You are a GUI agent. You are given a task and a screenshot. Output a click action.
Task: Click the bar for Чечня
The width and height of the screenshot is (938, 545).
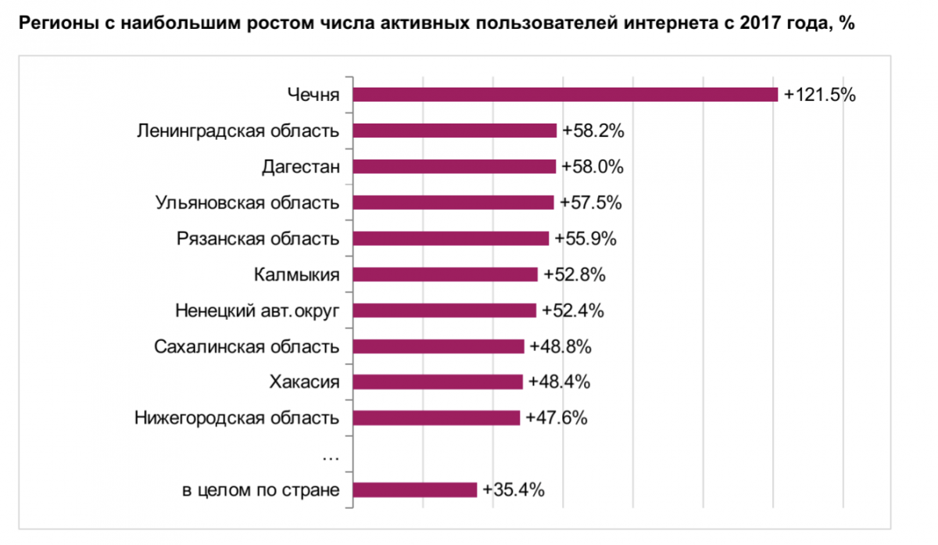click(x=565, y=95)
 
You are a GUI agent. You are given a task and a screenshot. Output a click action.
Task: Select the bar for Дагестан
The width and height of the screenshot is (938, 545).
click(x=454, y=167)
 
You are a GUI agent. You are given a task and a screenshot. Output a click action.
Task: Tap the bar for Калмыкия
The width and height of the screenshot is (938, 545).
click(x=446, y=274)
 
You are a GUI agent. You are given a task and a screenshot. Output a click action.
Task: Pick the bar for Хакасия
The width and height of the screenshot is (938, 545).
click(x=438, y=382)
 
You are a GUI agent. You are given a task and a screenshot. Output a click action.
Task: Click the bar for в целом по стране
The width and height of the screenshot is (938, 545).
click(x=414, y=490)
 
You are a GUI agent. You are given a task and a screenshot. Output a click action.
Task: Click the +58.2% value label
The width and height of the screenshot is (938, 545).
click(x=592, y=131)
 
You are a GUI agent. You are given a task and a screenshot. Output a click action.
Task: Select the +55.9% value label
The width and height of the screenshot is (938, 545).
click(x=585, y=238)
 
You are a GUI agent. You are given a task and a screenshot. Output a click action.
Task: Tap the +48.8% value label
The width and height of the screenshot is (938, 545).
click(x=560, y=346)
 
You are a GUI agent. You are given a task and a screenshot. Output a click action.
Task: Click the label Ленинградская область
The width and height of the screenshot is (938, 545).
click(x=238, y=131)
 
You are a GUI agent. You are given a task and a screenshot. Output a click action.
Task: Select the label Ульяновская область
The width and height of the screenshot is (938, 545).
click(x=247, y=203)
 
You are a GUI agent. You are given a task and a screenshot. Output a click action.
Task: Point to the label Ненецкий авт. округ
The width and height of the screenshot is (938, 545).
click(x=257, y=310)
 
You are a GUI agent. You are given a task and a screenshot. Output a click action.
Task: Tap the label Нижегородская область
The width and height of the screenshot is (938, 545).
click(x=237, y=418)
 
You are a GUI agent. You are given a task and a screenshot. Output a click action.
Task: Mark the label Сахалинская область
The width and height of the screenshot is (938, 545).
click(x=247, y=346)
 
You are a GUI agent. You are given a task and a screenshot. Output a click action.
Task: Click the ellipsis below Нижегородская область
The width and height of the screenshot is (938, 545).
click(x=329, y=454)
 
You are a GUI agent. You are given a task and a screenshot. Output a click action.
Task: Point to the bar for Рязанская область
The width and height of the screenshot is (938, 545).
click(x=451, y=238)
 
